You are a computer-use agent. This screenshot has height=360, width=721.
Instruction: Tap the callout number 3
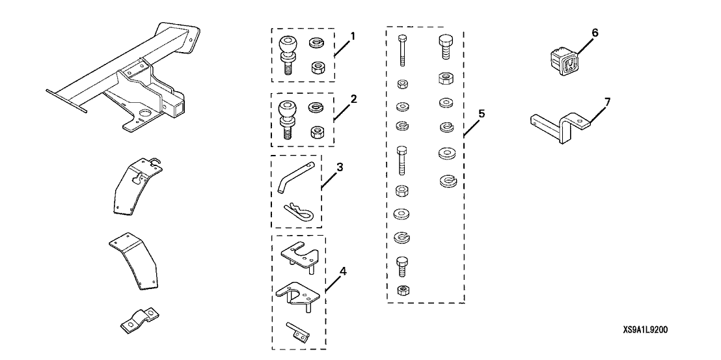point(340,167)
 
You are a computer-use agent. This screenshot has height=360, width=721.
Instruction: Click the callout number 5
point(481,113)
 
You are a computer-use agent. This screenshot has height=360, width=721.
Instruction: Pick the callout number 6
point(595,31)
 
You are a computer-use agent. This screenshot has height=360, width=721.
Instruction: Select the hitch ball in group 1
point(286,51)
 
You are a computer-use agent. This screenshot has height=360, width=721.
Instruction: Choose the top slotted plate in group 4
point(299,255)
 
